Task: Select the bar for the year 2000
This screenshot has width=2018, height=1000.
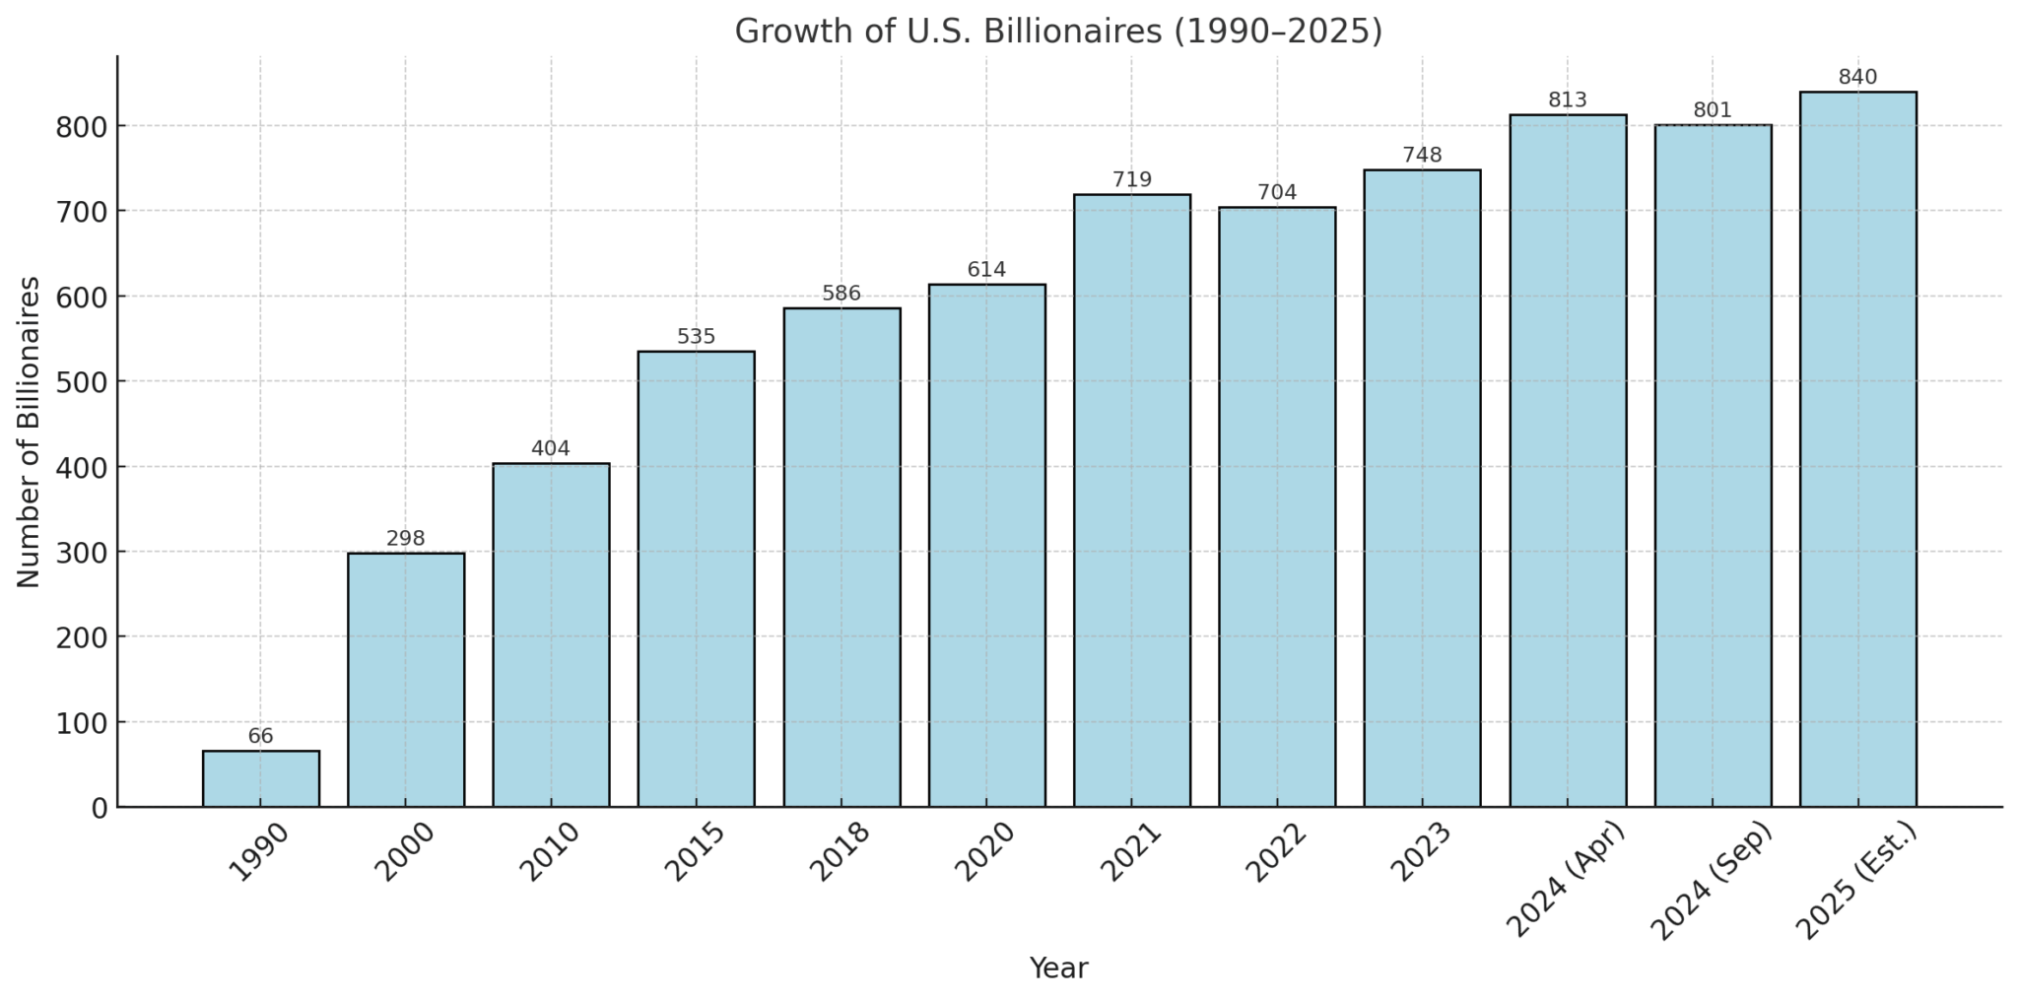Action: pos(406,680)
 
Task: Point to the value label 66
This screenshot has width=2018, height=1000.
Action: pos(261,737)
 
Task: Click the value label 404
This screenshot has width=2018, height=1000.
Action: pos(551,449)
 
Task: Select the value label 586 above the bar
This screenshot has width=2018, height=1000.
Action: pos(841,294)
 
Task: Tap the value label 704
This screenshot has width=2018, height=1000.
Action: pos(1277,193)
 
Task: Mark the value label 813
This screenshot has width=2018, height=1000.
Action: pos(1568,100)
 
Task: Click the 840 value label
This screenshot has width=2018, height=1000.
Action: pos(1857,78)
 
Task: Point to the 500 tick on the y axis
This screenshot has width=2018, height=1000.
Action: pos(83,381)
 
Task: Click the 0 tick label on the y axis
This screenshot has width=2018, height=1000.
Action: pos(99,808)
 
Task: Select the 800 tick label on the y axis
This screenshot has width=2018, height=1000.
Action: pos(83,126)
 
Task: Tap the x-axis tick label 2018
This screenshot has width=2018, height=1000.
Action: pos(840,852)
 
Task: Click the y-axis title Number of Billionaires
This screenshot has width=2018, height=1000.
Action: pos(30,432)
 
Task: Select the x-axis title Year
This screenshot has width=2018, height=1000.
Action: pos(1058,968)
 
